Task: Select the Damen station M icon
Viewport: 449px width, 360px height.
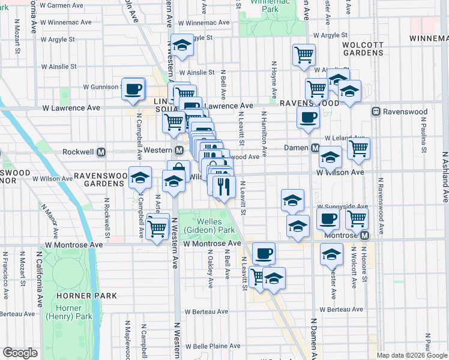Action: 315,148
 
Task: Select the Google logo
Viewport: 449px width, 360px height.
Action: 20,353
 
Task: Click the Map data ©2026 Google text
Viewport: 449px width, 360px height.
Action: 411,355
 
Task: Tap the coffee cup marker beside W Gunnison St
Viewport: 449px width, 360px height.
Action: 133,89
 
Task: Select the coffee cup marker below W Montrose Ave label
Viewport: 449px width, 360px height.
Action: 263,253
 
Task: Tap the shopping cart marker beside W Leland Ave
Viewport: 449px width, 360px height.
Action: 358,148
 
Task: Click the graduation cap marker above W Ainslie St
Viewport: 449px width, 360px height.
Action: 181,46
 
